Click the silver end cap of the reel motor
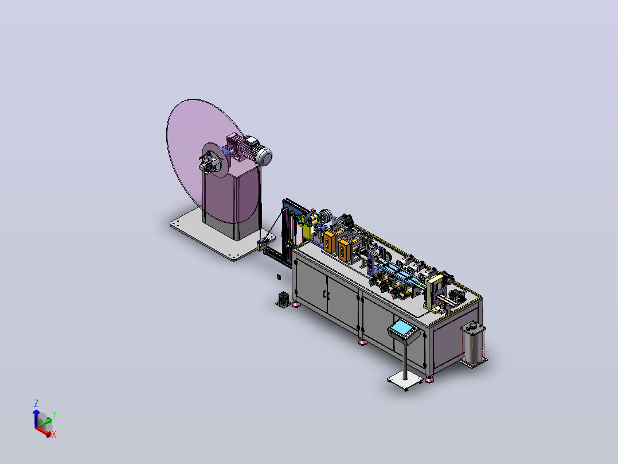coord(264,156)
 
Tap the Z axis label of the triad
coord(36,403)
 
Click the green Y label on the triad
coord(54,414)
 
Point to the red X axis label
coord(54,434)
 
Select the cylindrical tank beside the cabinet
coord(473,343)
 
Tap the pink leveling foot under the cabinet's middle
coord(362,342)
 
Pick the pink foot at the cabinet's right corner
coord(429,380)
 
